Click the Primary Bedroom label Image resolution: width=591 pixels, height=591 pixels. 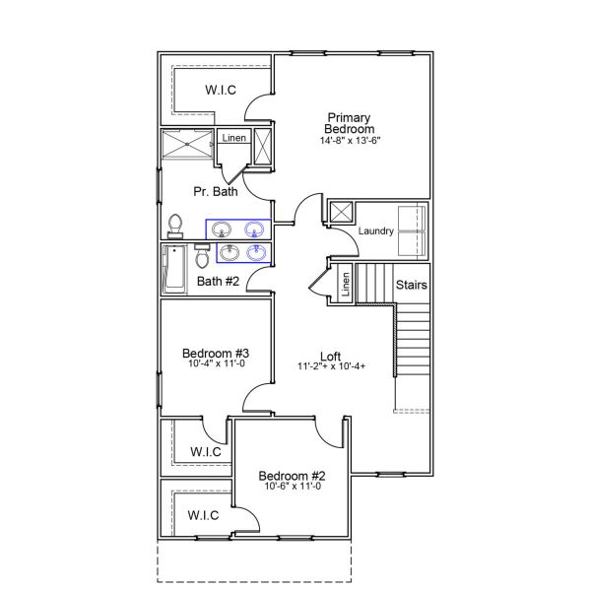(x=351, y=122)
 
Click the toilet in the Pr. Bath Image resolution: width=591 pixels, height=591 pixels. (x=176, y=226)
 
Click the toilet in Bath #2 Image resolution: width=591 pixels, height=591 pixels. (x=201, y=257)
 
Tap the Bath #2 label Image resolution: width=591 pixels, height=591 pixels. (x=218, y=282)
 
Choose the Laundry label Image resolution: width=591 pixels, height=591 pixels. (x=376, y=231)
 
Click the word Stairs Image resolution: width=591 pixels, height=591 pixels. (x=411, y=285)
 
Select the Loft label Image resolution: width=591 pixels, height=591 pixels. (x=331, y=356)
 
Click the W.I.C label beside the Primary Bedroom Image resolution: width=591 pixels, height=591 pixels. (x=220, y=91)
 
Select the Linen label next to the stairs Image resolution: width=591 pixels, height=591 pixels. (x=346, y=285)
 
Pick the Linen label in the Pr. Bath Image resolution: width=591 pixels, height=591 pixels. (x=233, y=138)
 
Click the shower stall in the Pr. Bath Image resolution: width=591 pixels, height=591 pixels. (x=187, y=147)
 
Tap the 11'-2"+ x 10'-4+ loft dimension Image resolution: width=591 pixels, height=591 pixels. (x=332, y=367)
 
